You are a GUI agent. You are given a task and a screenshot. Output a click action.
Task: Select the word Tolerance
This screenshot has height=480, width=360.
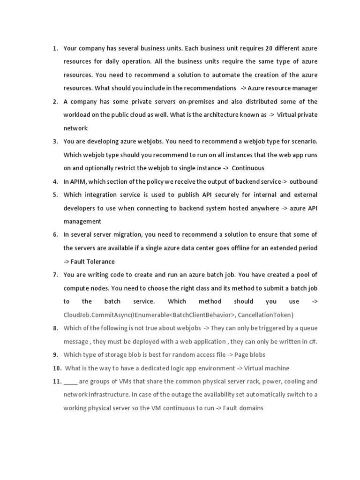click(99, 262)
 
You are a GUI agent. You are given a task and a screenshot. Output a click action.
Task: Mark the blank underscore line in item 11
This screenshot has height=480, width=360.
click(70, 382)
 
